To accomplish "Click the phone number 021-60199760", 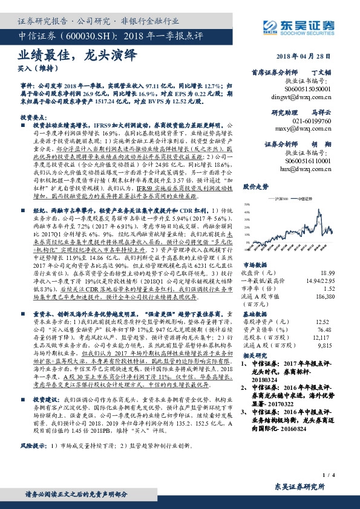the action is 309,121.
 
